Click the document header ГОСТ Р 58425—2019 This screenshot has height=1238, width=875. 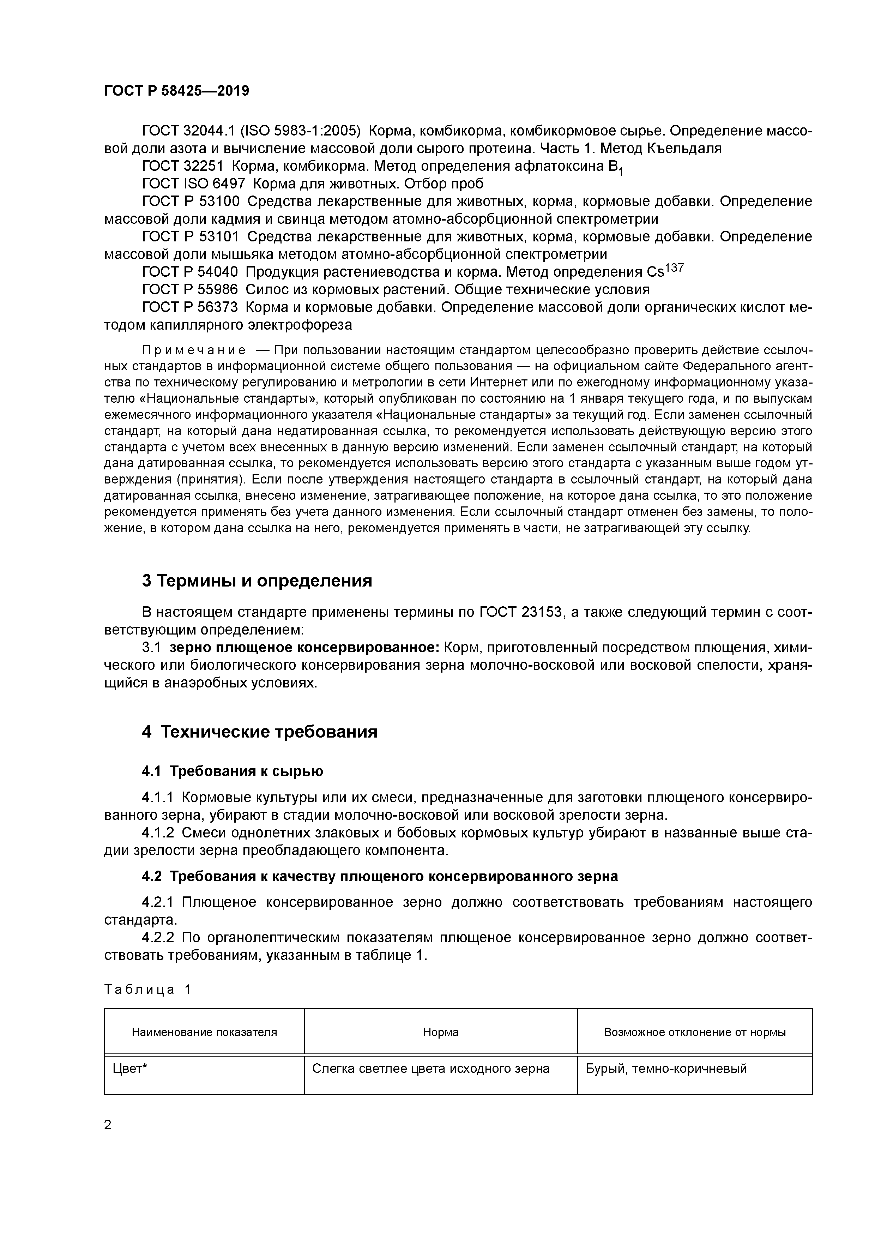[176, 91]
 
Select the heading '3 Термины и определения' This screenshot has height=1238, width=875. [257, 581]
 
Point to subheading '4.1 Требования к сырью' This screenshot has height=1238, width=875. [233, 771]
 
